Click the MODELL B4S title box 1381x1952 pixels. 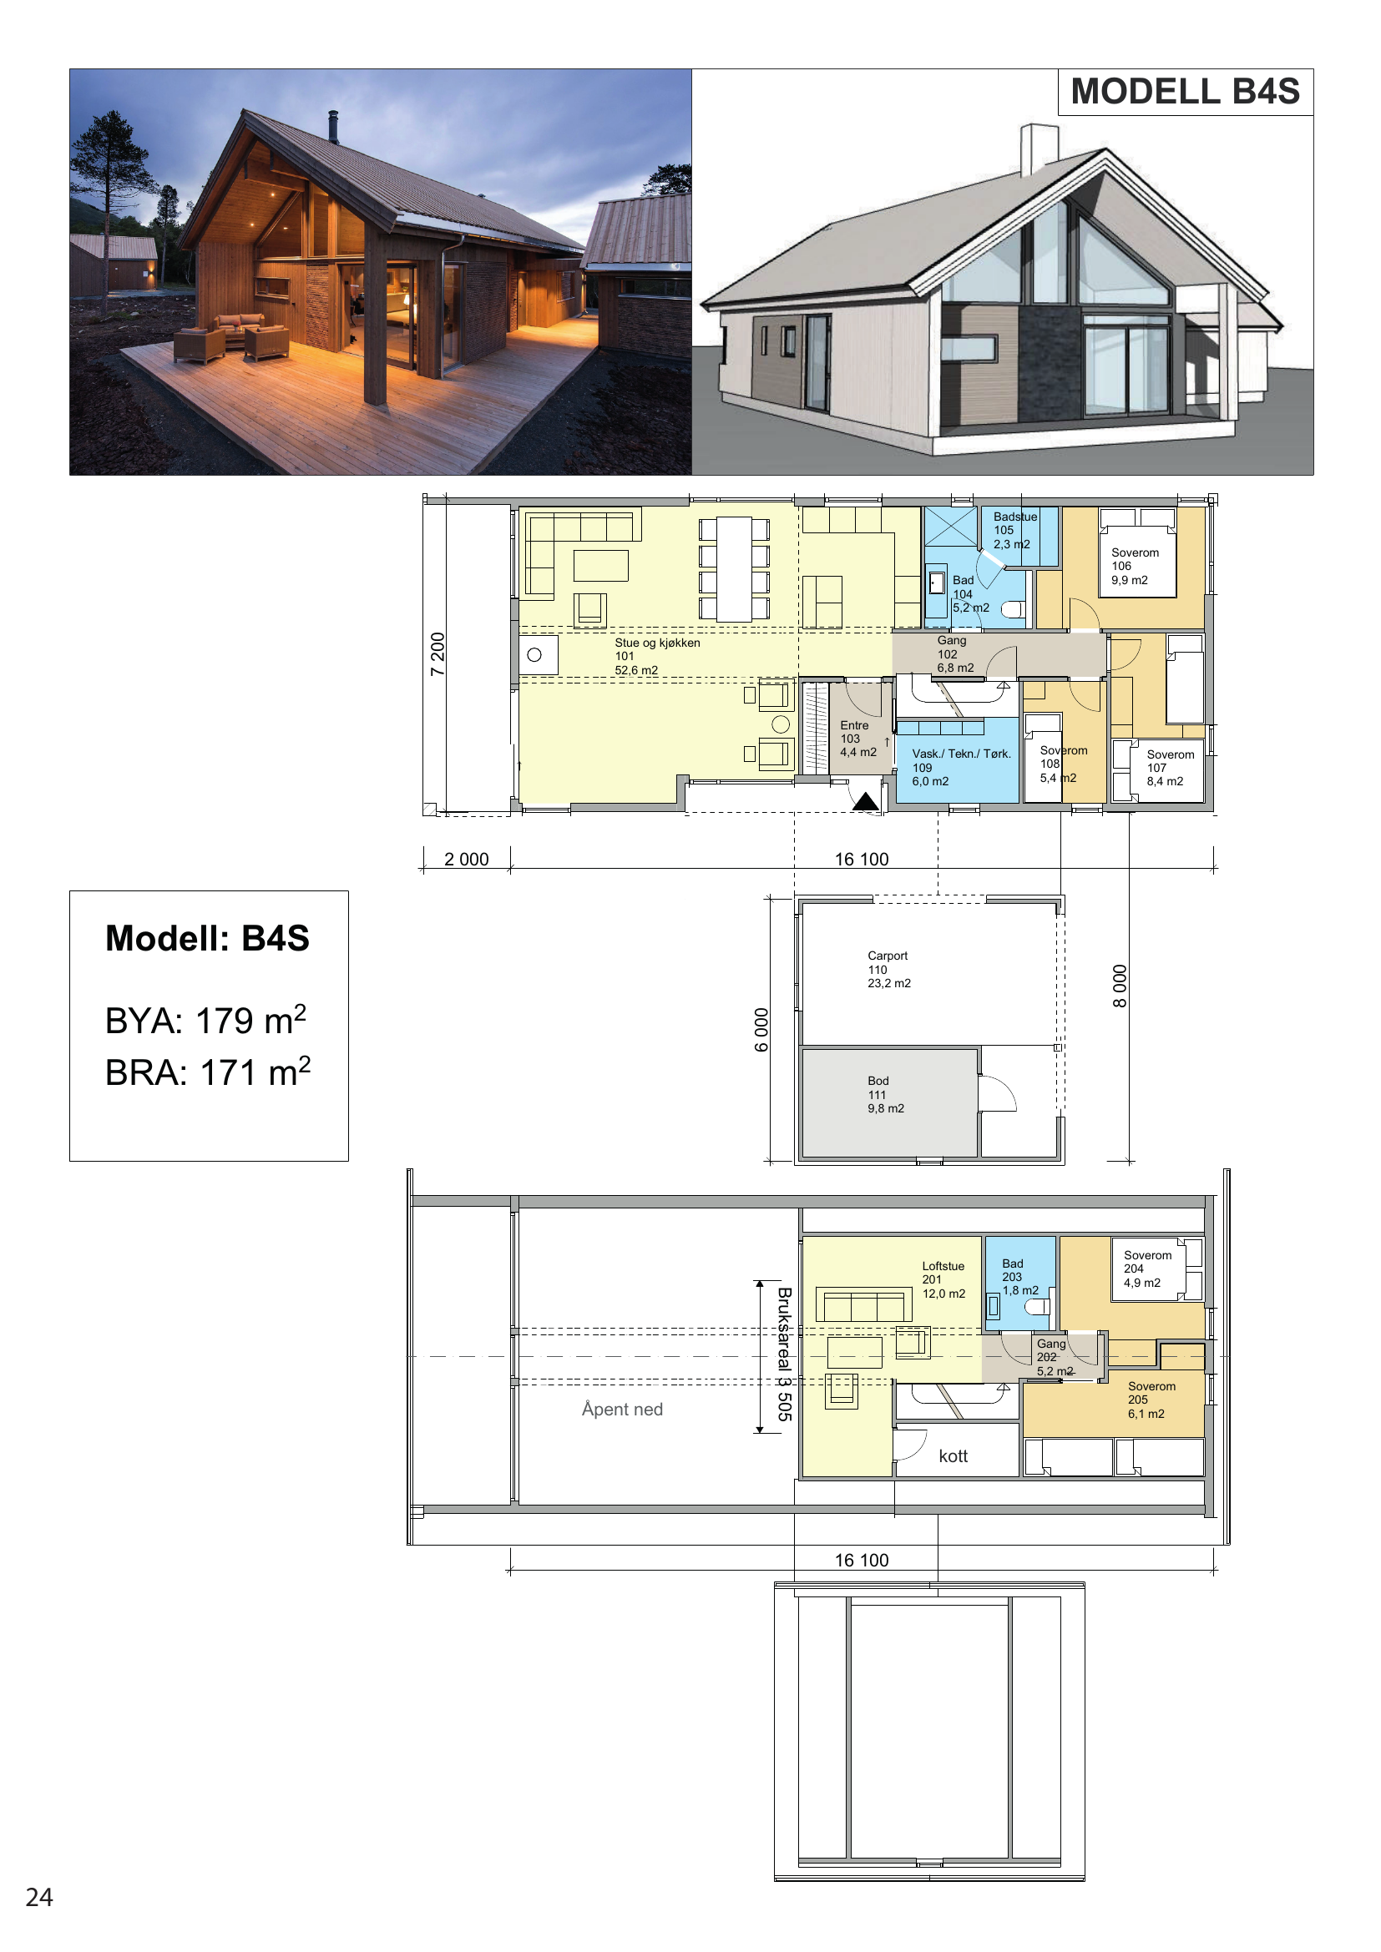(1186, 92)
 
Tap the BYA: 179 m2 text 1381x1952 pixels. (205, 1020)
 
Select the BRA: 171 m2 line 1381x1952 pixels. (208, 1072)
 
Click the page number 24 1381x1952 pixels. (39, 1897)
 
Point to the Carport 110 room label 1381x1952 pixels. (888, 969)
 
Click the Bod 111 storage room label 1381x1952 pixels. (885, 1094)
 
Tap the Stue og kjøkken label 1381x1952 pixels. (657, 643)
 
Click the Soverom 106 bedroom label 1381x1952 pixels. (1135, 566)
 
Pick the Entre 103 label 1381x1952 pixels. (858, 738)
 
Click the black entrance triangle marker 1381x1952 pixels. (866, 801)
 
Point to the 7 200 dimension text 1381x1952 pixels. (437, 653)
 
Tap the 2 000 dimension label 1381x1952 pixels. (466, 859)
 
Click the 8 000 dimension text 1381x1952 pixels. (1120, 986)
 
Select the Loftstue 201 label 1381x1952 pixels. (943, 1279)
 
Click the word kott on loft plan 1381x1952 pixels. (954, 1455)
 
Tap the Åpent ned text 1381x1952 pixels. (622, 1409)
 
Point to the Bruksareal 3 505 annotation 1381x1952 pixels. (784, 1354)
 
